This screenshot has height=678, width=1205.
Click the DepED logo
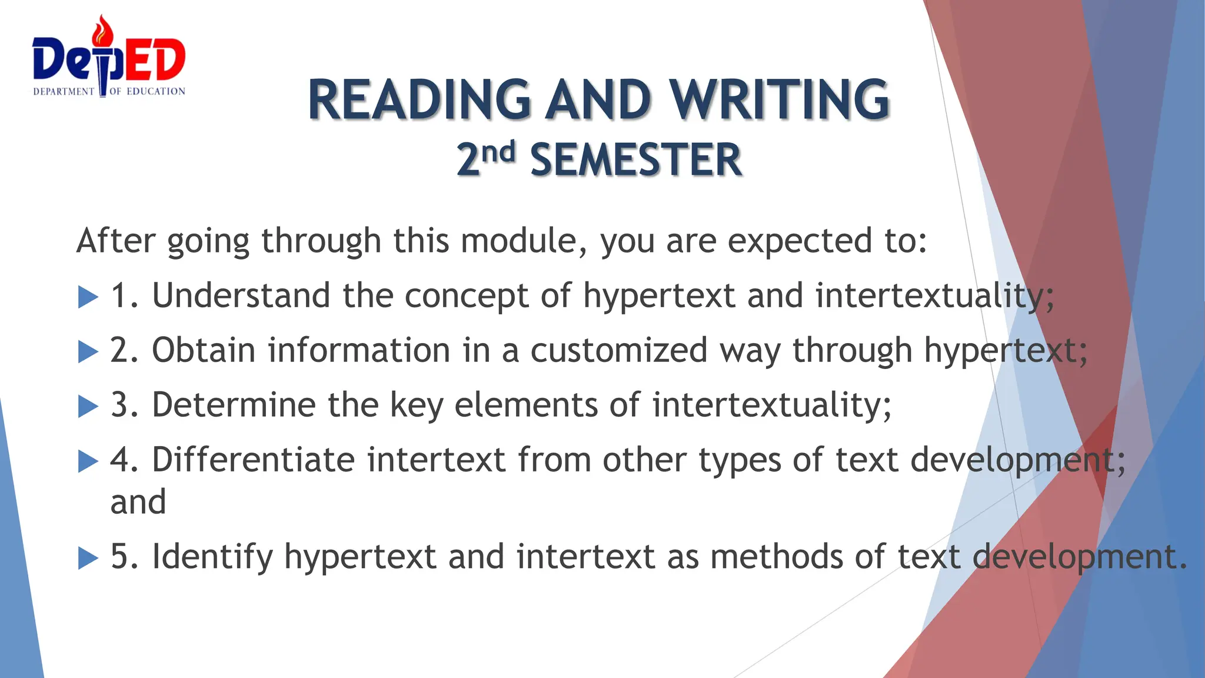(109, 59)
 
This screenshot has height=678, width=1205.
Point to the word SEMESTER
(635, 160)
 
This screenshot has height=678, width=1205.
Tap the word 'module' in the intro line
(518, 241)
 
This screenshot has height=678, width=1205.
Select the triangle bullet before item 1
(88, 297)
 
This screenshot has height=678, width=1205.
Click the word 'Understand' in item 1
(241, 295)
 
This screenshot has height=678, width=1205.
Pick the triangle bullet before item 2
(88, 352)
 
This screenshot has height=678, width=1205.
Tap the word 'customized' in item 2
(618, 350)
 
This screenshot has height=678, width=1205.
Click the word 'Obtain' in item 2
(203, 350)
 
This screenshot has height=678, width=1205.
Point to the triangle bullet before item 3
(88, 406)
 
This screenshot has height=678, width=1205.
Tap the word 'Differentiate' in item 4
(253, 460)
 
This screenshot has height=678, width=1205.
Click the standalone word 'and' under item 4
(138, 503)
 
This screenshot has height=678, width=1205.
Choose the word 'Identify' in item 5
(212, 557)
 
